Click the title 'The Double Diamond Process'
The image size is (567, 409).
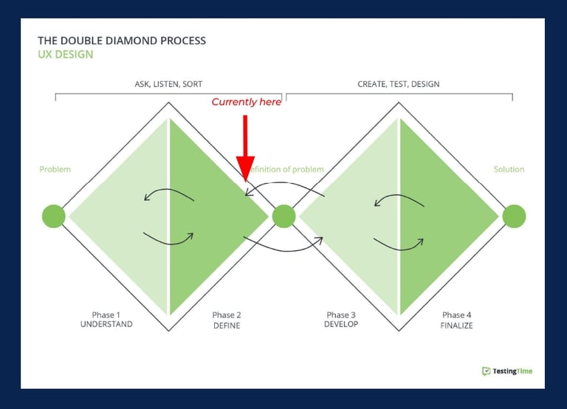(x=122, y=41)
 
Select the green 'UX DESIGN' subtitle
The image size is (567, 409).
(x=66, y=54)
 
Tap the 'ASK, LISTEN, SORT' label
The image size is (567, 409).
(x=168, y=84)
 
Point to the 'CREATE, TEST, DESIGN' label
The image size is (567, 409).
(x=399, y=84)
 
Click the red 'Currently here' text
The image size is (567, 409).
(x=247, y=103)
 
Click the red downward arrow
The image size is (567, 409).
(x=246, y=148)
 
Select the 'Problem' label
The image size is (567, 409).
(x=55, y=169)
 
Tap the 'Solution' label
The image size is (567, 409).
(x=509, y=169)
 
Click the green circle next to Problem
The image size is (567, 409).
(x=53, y=216)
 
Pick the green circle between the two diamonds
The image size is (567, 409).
(x=283, y=216)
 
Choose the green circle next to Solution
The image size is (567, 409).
(x=514, y=216)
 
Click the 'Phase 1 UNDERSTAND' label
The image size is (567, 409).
(x=106, y=320)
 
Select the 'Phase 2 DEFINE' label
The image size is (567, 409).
(x=227, y=320)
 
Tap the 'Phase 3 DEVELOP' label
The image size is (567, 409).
(x=341, y=320)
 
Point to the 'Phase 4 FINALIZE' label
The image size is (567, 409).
(x=456, y=320)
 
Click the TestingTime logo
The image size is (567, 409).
(x=507, y=371)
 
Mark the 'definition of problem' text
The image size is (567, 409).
(x=286, y=169)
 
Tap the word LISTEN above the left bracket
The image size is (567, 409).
(x=166, y=84)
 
